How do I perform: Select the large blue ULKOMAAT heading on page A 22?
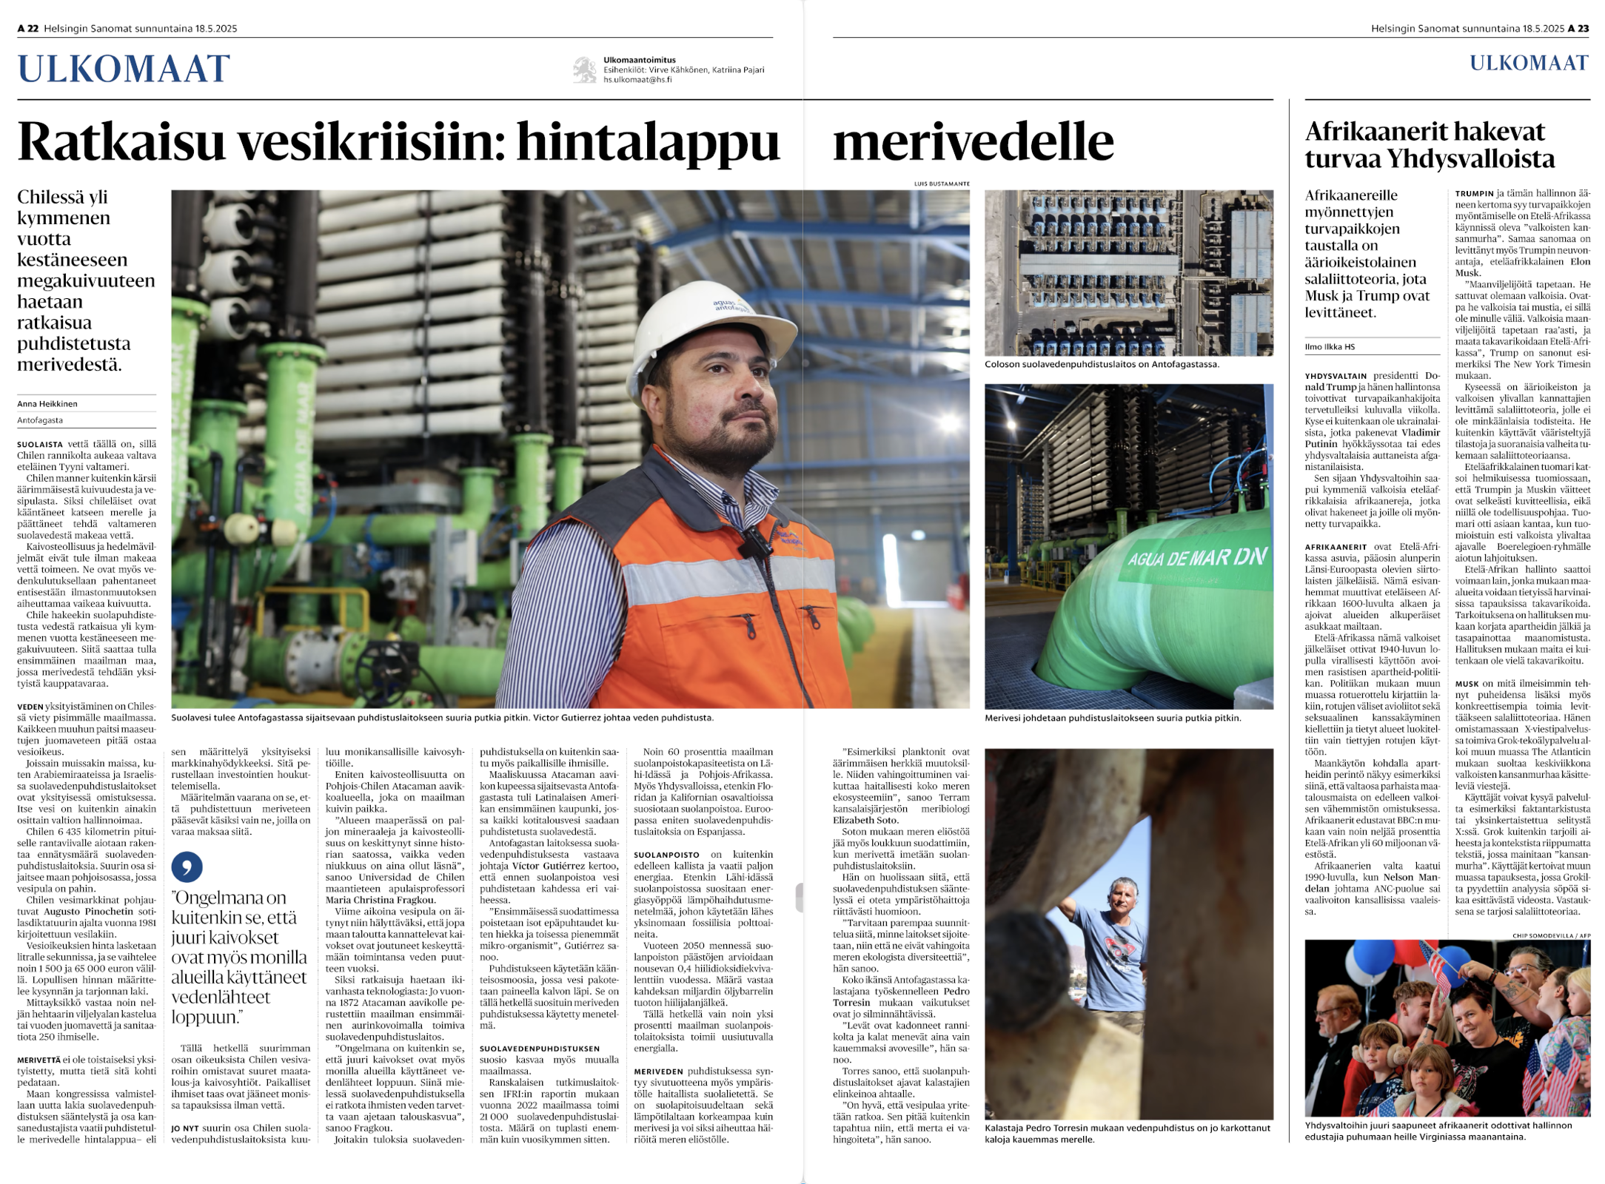pyautogui.click(x=124, y=69)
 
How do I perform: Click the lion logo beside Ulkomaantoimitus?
pyautogui.click(x=585, y=70)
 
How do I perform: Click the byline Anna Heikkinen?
pyautogui.click(x=47, y=404)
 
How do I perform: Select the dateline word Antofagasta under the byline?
pyautogui.click(x=40, y=420)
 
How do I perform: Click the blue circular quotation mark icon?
pyautogui.click(x=187, y=867)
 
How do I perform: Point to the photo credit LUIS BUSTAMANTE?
pyautogui.click(x=942, y=184)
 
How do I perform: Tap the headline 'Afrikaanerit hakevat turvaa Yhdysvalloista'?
pyautogui.click(x=1429, y=145)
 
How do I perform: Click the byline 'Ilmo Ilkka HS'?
pyautogui.click(x=1330, y=346)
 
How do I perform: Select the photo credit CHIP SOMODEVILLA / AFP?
pyautogui.click(x=1551, y=935)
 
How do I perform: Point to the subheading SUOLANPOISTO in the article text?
pyautogui.click(x=666, y=855)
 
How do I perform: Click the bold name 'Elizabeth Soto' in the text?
pyautogui.click(x=865, y=820)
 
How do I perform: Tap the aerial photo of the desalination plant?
pyautogui.click(x=1128, y=272)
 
